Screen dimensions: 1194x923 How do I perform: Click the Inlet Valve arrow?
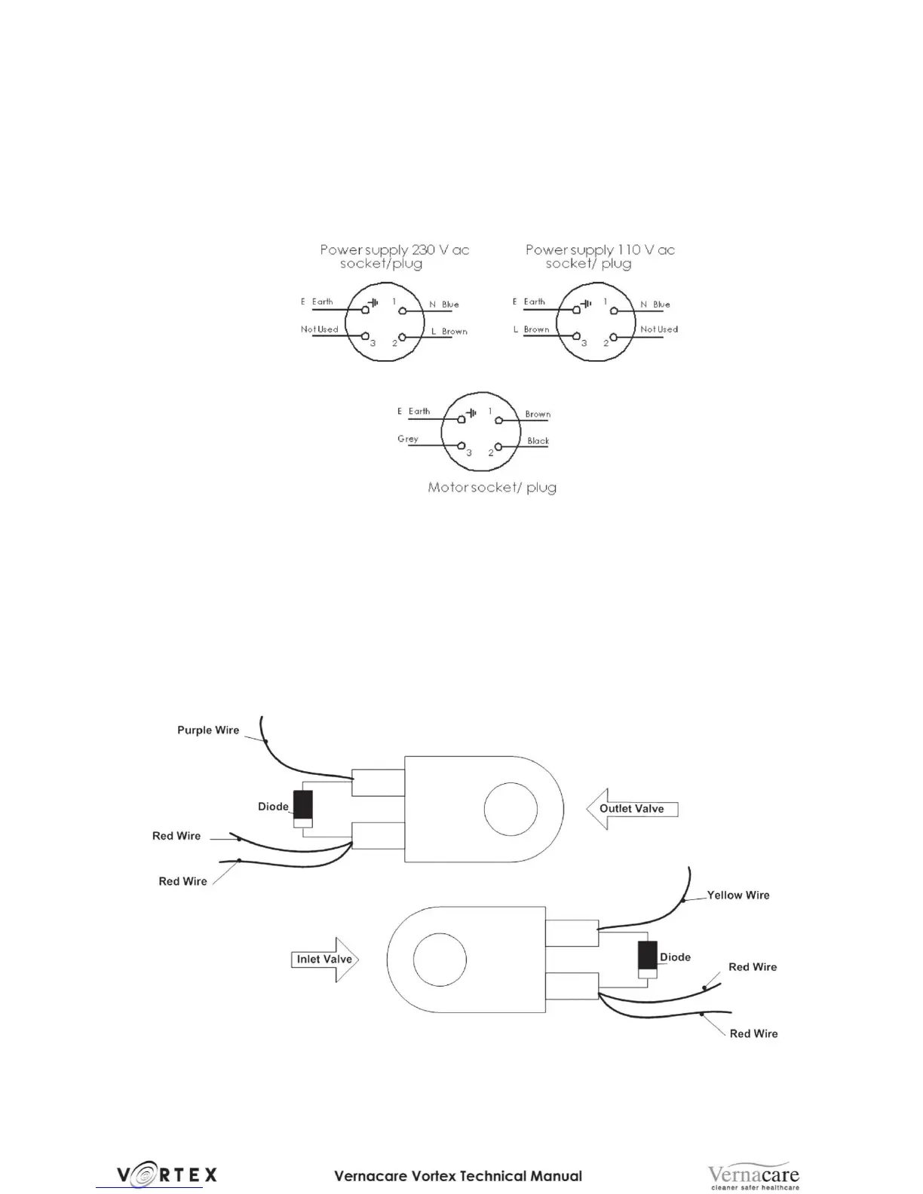325,960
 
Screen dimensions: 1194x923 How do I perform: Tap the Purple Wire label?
208,730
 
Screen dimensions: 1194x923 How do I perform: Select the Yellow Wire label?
738,895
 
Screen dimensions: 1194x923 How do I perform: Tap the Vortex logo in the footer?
167,1174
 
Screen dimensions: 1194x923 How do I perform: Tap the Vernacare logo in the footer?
753,1175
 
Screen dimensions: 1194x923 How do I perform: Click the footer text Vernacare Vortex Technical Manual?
458,1175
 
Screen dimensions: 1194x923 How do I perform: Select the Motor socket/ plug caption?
492,488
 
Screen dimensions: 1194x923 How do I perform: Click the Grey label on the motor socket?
408,439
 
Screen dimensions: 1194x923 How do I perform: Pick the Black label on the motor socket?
538,441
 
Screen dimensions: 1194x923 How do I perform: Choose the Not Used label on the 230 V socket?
320,329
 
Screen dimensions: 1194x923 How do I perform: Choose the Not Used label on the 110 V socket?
659,329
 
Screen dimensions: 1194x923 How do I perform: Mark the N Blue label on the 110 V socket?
655,305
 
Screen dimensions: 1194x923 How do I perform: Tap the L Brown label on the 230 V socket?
449,332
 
